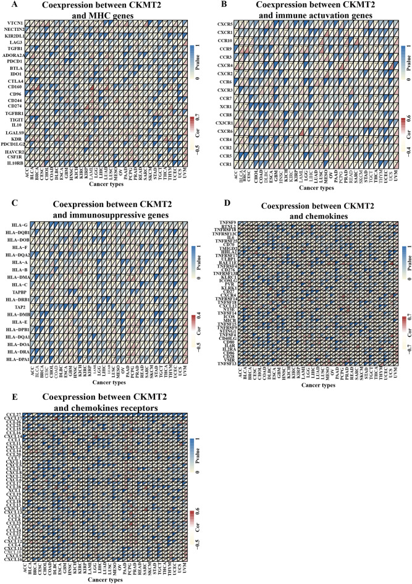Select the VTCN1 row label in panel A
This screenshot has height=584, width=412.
[x=14, y=23]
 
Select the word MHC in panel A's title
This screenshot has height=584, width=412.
[x=93, y=17]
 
